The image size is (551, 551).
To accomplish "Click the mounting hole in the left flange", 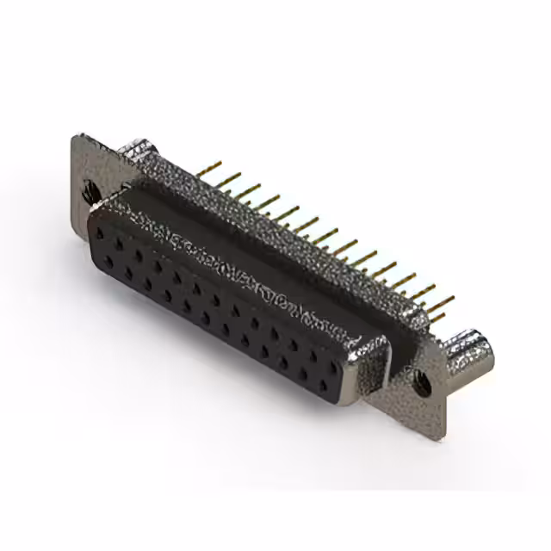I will click(x=90, y=192).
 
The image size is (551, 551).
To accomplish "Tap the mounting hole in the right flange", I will click(x=422, y=380).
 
